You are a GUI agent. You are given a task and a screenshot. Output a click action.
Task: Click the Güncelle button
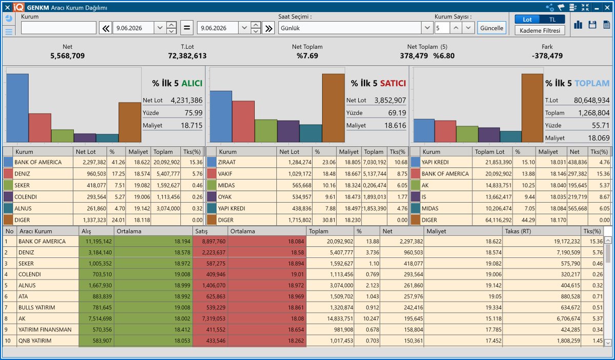click(491, 28)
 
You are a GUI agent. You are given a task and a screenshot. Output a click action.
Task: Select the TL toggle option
click(552, 19)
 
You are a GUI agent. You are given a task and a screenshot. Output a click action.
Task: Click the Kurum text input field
click(58, 28)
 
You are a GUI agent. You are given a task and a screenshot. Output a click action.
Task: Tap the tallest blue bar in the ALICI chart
click(17, 108)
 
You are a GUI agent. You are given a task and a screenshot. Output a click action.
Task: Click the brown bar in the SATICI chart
click(333, 108)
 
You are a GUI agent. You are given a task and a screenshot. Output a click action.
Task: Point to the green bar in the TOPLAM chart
click(467, 134)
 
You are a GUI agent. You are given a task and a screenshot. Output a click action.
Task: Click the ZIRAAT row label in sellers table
click(227, 162)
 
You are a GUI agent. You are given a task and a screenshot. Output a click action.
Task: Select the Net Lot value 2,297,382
click(94, 162)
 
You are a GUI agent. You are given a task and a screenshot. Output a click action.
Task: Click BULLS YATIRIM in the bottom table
click(37, 308)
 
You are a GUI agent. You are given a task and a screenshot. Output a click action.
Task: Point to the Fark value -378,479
click(547, 56)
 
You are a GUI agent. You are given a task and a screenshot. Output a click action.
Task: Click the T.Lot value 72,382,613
click(187, 56)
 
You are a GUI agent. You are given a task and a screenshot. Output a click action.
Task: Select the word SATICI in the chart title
click(393, 83)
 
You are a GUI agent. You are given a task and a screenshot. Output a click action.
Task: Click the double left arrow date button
click(106, 28)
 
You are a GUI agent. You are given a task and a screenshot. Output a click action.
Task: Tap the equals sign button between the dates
click(187, 28)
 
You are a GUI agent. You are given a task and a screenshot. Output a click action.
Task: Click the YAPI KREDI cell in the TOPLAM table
click(435, 162)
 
